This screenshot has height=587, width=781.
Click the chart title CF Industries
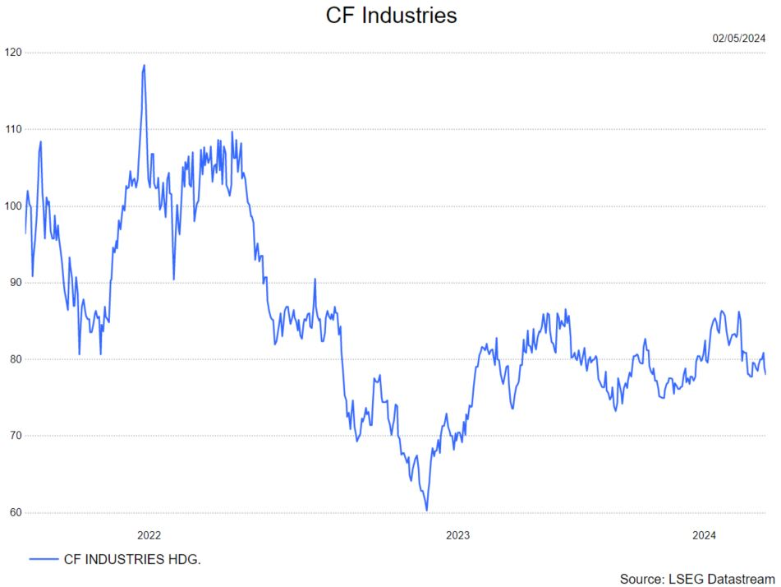[391, 16]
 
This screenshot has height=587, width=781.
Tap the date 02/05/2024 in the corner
[739, 38]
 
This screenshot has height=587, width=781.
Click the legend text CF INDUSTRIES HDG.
[132, 559]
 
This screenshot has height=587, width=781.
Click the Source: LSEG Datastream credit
[697, 578]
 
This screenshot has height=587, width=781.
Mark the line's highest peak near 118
[144, 66]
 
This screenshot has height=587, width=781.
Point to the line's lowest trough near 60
[427, 510]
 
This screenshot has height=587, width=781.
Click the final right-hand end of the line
[765, 373]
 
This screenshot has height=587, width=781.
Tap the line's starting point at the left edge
[25, 233]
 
